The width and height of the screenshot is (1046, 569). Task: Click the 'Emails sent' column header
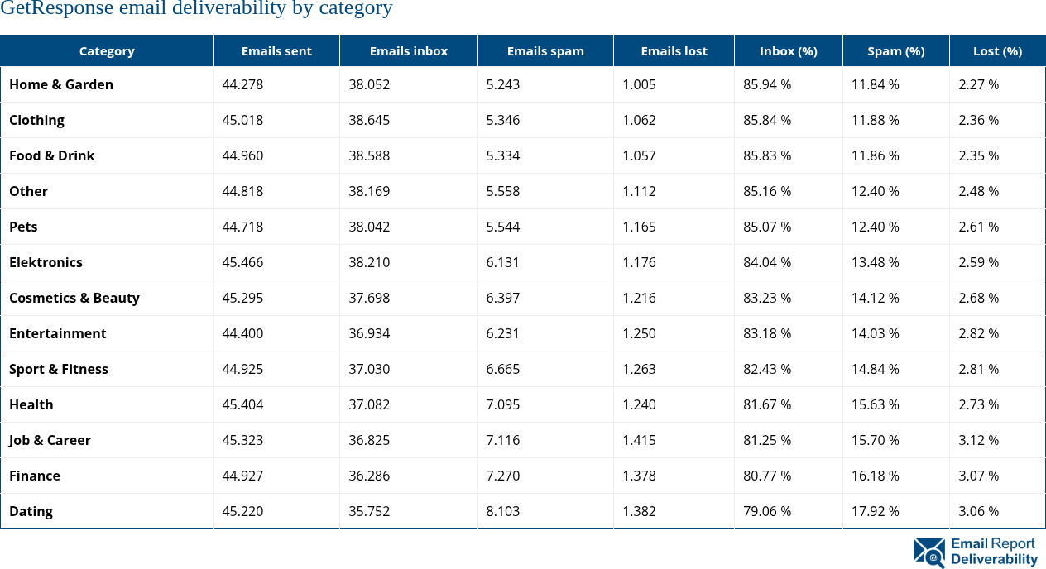pos(276,51)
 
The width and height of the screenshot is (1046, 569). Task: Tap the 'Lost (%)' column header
pos(997,51)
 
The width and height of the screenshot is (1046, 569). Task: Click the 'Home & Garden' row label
pos(61,84)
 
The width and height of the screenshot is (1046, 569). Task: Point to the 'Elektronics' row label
pos(46,262)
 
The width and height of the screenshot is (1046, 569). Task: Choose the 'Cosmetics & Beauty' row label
pos(74,298)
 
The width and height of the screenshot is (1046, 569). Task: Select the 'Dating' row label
pos(31,511)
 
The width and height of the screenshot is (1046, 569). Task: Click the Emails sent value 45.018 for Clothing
pos(242,120)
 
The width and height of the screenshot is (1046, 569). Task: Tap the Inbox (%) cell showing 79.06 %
pos(767,511)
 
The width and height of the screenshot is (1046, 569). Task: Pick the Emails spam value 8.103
pos(503,511)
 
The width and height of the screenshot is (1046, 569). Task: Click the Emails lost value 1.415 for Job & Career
pos(639,440)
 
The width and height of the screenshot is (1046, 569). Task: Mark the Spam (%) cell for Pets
pos(876,227)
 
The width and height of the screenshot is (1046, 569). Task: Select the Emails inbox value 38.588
pos(369,155)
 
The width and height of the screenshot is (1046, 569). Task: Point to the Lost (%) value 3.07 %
pos(978,476)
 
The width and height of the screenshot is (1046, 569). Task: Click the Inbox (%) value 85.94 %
pos(767,84)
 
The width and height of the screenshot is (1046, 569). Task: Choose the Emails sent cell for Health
pos(242,404)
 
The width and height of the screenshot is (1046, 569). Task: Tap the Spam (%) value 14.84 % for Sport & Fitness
pos(876,369)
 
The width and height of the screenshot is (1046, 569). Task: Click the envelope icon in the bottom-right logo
pos(929,552)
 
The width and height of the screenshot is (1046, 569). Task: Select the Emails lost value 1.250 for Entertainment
pos(639,333)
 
